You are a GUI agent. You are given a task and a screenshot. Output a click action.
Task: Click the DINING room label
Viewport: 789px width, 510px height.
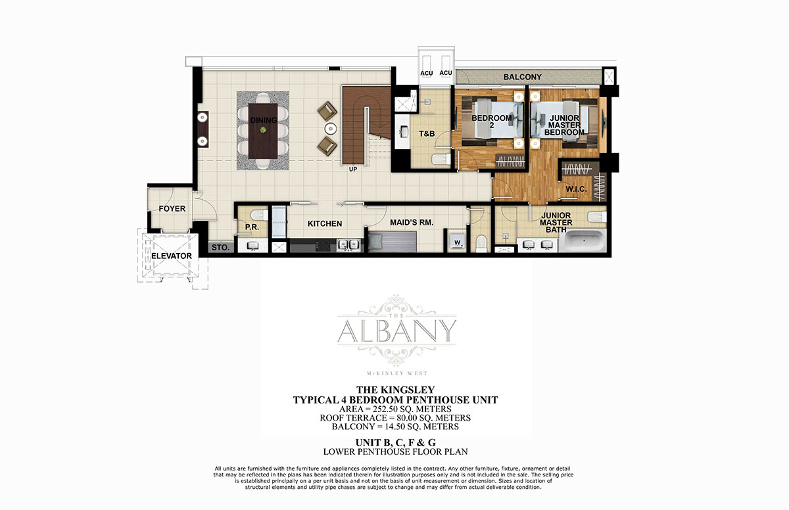[264, 120]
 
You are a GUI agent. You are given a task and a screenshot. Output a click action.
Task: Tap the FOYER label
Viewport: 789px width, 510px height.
[172, 209]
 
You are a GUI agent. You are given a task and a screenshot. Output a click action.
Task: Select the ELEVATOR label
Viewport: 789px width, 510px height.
[172, 256]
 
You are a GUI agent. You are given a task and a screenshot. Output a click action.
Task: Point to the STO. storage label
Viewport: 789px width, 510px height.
[220, 247]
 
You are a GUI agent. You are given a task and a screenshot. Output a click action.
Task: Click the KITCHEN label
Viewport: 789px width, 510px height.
[325, 224]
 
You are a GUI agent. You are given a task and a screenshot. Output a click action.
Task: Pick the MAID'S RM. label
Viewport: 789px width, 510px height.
[412, 222]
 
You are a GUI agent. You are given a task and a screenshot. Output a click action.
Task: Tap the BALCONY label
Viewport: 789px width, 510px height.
[522, 77]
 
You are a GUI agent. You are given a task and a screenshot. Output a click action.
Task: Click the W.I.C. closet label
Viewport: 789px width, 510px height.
[576, 189]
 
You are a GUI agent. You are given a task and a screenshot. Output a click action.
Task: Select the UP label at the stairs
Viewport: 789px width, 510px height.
[353, 170]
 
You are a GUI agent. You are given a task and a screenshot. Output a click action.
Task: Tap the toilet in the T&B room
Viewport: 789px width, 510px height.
[441, 160]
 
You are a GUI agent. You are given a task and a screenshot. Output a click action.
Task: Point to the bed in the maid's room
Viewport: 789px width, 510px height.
[393, 241]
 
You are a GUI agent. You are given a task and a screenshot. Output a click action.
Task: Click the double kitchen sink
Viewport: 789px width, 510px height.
[348, 244]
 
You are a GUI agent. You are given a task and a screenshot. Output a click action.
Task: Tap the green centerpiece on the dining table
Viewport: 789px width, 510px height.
[263, 130]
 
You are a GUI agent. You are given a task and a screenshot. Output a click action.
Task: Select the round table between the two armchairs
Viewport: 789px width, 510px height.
[331, 129]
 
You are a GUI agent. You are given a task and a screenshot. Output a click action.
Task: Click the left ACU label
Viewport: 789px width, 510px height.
[427, 73]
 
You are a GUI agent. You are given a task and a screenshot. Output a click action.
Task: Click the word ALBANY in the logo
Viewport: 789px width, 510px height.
[397, 331]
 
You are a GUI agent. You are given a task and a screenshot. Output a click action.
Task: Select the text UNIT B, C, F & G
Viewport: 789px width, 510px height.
[396, 442]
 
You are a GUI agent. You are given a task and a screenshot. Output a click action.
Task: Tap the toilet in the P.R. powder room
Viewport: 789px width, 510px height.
[259, 215]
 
